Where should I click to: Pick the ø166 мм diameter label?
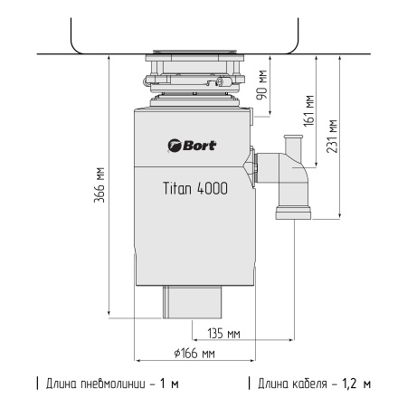195,353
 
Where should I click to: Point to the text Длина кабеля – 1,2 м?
311,384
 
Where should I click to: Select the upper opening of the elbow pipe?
291,138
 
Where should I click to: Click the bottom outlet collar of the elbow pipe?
292,213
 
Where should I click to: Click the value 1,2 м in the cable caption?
355,384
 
